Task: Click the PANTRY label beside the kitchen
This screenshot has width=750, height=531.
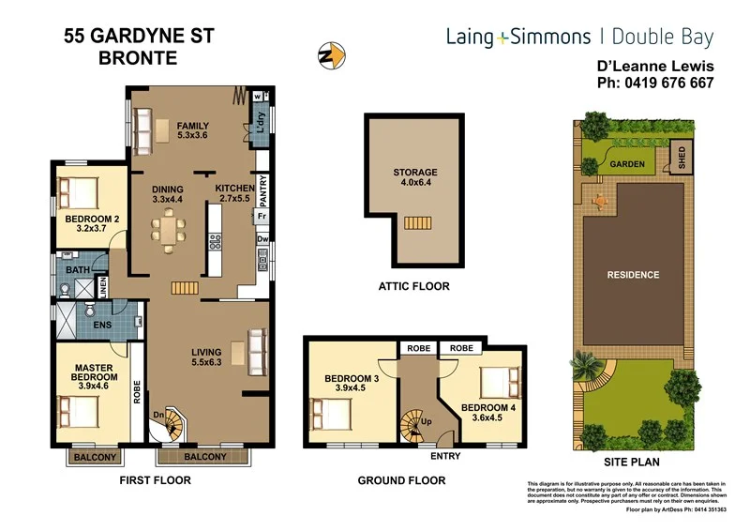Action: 262,192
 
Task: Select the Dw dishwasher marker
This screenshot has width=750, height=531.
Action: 262,241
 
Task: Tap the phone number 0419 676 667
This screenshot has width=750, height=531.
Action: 655,83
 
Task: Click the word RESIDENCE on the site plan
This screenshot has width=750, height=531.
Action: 633,275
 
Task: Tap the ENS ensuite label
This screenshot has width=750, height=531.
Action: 103,326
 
